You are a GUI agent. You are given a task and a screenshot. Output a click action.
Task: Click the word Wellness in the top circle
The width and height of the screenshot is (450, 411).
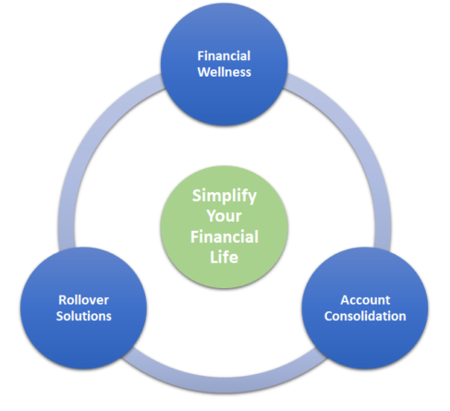click(x=225, y=72)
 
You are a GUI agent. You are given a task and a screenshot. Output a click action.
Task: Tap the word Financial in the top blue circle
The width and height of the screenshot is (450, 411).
click(x=224, y=56)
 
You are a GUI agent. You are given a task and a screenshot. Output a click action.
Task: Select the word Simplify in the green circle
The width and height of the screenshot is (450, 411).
click(x=225, y=197)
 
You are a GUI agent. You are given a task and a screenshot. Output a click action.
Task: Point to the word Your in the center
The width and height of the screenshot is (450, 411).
click(x=224, y=216)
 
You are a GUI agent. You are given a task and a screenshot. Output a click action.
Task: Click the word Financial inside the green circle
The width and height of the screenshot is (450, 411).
click(x=225, y=236)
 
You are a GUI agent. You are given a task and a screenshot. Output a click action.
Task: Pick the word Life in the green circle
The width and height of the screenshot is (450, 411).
click(x=224, y=257)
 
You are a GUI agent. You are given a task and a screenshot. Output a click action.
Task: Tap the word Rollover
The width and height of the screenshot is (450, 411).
click(x=83, y=300)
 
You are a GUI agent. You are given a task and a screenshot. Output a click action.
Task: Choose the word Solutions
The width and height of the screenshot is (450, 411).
click(x=83, y=316)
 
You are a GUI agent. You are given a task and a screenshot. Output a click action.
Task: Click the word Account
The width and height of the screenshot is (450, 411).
click(x=365, y=300)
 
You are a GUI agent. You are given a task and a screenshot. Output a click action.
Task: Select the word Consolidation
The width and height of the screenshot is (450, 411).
click(x=365, y=316)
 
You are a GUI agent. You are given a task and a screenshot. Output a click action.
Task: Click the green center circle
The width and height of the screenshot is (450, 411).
click(x=225, y=227)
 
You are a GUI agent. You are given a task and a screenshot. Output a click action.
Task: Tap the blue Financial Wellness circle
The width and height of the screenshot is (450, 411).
click(x=225, y=64)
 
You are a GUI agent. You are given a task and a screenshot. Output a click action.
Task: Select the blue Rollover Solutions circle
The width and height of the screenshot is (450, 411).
click(x=83, y=308)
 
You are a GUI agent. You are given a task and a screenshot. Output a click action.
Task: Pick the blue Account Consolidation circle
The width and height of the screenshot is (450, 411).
click(x=365, y=308)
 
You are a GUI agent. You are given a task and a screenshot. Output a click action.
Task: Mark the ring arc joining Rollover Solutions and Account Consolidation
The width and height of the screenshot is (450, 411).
click(x=225, y=385)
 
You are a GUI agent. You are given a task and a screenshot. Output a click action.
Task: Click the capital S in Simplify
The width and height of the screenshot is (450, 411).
click(x=197, y=196)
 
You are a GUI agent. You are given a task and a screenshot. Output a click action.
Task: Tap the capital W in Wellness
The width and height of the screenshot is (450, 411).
click(x=204, y=72)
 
